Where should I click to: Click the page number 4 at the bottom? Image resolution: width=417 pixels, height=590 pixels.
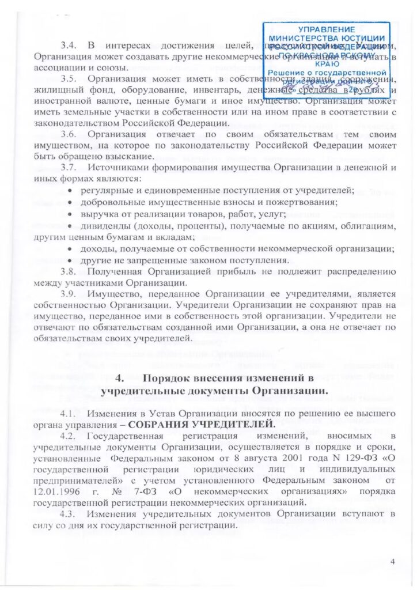point(393,562)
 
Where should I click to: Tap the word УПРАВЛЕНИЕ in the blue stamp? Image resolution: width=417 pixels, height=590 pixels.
point(327,29)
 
